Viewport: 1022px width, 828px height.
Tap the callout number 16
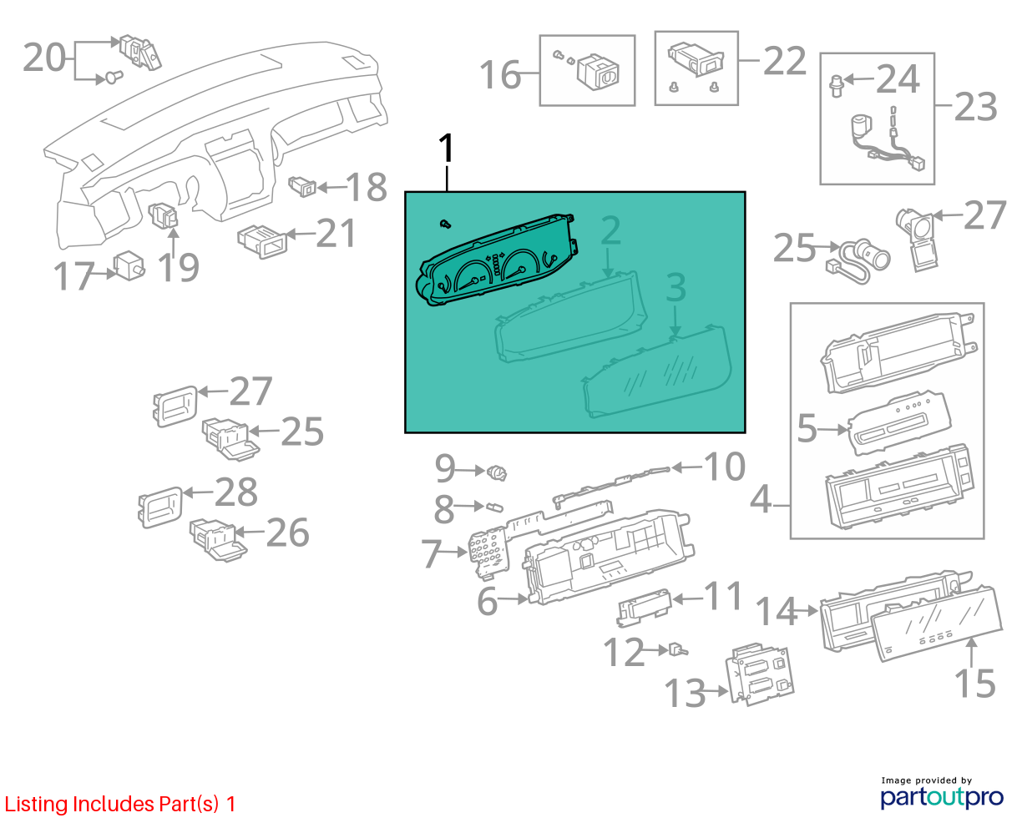[500, 74]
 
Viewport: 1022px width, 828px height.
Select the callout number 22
[785, 60]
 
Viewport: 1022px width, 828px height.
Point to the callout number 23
[976, 106]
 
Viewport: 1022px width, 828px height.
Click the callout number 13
[685, 693]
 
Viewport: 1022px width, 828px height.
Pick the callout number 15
[975, 683]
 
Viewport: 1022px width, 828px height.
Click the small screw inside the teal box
[446, 224]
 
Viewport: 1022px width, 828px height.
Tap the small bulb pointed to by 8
[494, 507]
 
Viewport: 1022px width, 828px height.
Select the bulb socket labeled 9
[497, 472]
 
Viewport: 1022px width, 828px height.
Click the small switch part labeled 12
[678, 650]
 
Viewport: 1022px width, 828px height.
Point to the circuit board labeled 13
[758, 673]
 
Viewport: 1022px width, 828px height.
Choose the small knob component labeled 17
[129, 265]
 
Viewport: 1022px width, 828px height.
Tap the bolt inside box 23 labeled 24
[836, 86]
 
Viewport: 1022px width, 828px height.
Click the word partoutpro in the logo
[941, 798]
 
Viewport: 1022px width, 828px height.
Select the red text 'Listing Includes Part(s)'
[112, 804]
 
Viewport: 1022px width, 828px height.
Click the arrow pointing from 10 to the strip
[687, 467]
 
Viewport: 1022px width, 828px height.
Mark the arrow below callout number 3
[675, 321]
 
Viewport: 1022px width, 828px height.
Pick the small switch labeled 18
[302, 187]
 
